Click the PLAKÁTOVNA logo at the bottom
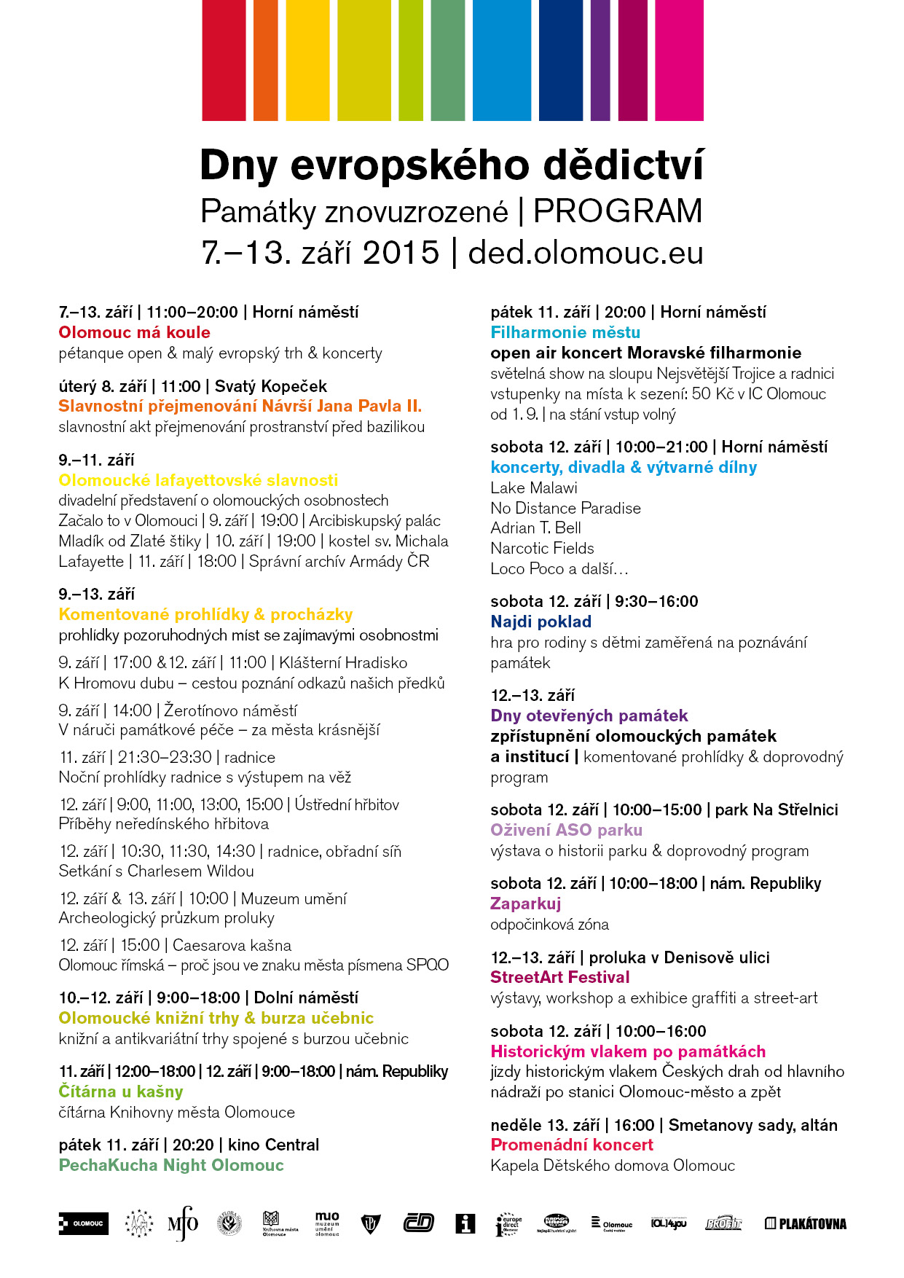point(805,1223)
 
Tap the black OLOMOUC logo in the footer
point(83,1223)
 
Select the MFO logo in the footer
point(183,1223)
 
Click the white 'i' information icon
point(465,1223)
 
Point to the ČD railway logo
point(418,1223)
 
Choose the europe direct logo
point(508,1224)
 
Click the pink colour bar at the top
point(679,60)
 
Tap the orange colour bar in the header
point(265,60)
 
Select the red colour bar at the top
point(224,60)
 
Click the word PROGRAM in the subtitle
point(618,211)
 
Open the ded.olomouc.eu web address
point(586,253)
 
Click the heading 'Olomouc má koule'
point(134,332)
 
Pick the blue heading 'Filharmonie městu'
point(565,332)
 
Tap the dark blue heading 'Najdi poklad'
point(541,622)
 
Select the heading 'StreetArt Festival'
point(559,977)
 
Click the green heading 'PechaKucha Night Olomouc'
point(170,1165)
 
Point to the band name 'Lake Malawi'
point(534,487)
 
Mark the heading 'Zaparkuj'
point(525,903)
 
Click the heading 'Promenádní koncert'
point(572,1145)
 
